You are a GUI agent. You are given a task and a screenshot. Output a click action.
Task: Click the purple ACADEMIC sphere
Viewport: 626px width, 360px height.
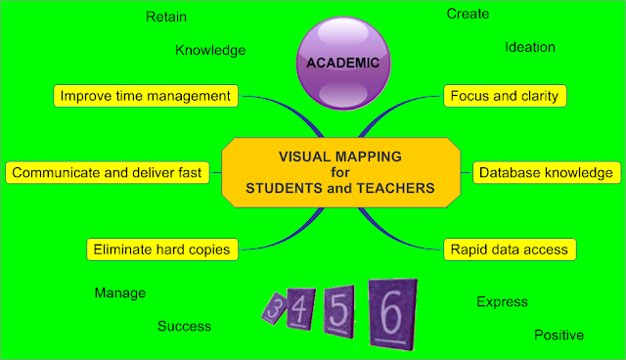pyautogui.click(x=343, y=63)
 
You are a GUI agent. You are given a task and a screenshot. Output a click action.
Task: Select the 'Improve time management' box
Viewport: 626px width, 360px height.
pyautogui.click(x=146, y=96)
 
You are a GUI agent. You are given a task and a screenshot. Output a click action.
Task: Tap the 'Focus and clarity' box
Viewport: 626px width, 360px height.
pyautogui.click(x=505, y=96)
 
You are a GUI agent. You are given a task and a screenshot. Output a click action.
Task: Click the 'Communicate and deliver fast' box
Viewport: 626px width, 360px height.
pyautogui.click(x=107, y=172)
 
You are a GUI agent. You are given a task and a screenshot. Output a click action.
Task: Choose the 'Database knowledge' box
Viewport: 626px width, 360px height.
pyautogui.click(x=547, y=172)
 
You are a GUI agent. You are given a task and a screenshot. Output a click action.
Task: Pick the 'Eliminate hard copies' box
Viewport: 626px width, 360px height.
pyautogui.click(x=162, y=249)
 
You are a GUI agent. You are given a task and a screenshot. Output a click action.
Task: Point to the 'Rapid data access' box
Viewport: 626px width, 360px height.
pyautogui.click(x=510, y=249)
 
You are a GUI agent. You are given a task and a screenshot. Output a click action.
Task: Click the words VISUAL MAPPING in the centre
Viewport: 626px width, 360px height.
pyautogui.click(x=340, y=157)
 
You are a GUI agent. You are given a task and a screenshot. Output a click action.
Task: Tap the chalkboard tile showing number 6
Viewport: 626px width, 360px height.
pyautogui.click(x=393, y=314)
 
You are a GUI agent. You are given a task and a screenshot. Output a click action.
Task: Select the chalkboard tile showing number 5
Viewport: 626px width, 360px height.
pyautogui.click(x=338, y=311)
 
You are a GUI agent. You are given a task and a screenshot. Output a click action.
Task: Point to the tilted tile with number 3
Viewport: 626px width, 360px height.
pyautogui.click(x=275, y=308)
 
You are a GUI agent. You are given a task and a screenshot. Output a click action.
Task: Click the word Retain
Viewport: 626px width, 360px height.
pyautogui.click(x=166, y=17)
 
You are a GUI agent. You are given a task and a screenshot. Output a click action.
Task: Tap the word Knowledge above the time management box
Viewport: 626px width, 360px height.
pyautogui.click(x=210, y=50)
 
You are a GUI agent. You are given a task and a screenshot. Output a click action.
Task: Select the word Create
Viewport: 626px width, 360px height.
pyautogui.click(x=468, y=14)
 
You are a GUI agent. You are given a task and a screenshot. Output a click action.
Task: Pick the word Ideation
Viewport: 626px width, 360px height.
pyautogui.click(x=530, y=47)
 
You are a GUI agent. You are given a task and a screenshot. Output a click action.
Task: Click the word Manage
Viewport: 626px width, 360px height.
pyautogui.click(x=120, y=293)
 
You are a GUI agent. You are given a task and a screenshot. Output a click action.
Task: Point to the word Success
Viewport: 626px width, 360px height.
pyautogui.click(x=185, y=326)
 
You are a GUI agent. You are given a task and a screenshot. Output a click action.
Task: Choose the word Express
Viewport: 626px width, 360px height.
pyautogui.click(x=502, y=302)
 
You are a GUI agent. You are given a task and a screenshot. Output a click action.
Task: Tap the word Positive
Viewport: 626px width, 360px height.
pyautogui.click(x=559, y=335)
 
